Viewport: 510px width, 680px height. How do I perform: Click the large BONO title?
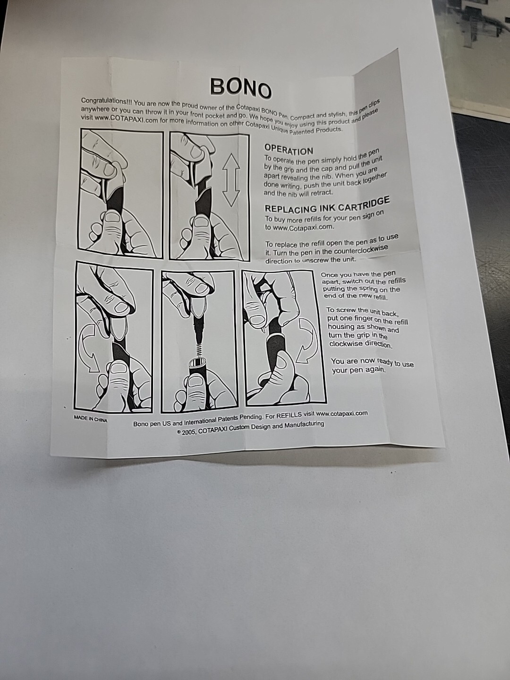241,87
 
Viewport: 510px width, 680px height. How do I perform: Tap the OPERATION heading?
288,150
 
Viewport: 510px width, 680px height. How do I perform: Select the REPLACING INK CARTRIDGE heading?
327,205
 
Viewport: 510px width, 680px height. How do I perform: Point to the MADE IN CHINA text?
90,418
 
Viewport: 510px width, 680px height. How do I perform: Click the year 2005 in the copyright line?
189,432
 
